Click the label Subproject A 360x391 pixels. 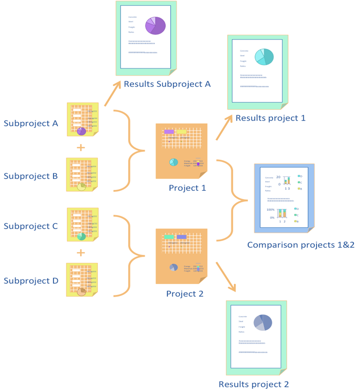tap(31, 124)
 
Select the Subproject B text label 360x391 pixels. tap(31, 176)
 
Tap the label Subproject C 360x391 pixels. tap(31, 226)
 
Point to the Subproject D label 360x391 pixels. tap(31, 281)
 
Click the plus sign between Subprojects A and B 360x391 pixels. tap(80, 147)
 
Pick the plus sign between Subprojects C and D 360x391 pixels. tap(80, 253)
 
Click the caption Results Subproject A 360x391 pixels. tap(167, 84)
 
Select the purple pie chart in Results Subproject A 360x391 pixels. tap(156, 25)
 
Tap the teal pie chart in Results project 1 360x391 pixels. tap(264, 56)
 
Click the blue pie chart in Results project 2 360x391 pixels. tap(263, 322)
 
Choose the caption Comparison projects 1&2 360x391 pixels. tap(300, 245)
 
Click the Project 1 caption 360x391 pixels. tap(187, 188)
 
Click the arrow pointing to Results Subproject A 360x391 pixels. tap(113, 94)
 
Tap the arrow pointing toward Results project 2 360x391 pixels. tap(226, 277)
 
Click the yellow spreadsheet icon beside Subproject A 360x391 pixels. tap(82, 119)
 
